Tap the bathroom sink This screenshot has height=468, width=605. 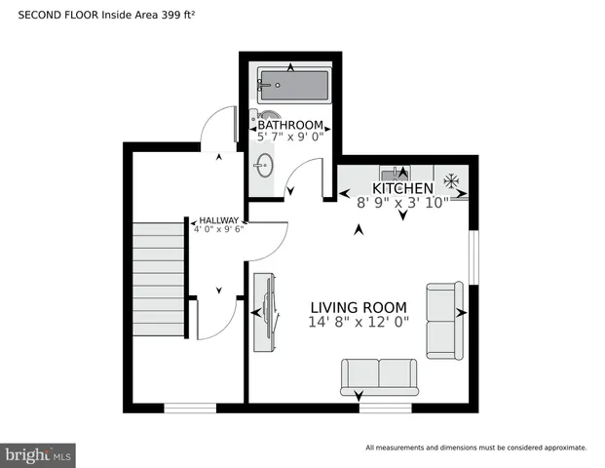(x=265, y=163)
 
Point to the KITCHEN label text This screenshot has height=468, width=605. (x=402, y=188)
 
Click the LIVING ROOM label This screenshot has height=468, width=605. (x=359, y=306)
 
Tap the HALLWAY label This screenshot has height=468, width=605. (x=219, y=220)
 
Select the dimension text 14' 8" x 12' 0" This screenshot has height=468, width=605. (x=359, y=322)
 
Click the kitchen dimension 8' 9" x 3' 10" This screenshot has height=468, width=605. (x=402, y=203)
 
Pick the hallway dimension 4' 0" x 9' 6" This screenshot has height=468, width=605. (x=219, y=229)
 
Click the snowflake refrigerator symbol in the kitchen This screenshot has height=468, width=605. (x=451, y=180)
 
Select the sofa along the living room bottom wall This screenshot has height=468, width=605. (x=378, y=376)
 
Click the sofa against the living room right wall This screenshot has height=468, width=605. (x=445, y=320)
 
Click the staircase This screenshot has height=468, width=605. (x=159, y=279)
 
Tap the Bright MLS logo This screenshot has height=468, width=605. (x=39, y=455)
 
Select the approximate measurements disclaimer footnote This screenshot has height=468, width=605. (x=475, y=448)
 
